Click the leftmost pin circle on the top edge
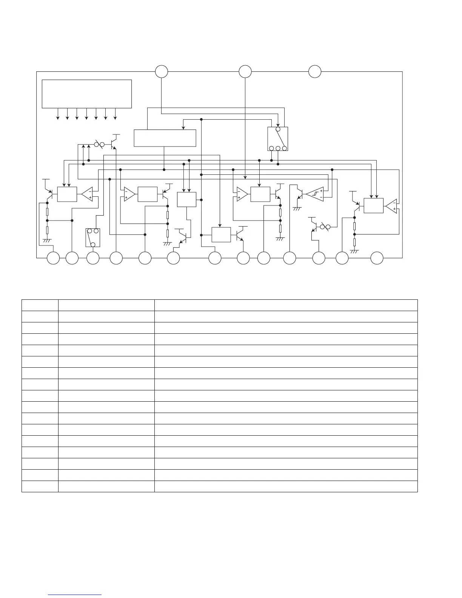point(162,71)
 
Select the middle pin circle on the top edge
point(245,71)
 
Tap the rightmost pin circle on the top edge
point(315,71)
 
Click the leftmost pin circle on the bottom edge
point(53,258)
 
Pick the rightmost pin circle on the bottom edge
point(377,258)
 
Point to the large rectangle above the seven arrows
point(86,94)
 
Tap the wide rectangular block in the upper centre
point(165,138)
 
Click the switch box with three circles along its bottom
point(278,139)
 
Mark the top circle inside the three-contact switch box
point(278,129)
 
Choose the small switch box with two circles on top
point(93,237)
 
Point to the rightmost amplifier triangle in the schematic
point(391,205)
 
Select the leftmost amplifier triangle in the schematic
point(87,194)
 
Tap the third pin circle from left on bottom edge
point(93,258)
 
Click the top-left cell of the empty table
point(40,305)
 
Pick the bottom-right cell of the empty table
point(286,486)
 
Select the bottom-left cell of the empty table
point(40,486)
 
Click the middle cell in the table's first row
point(106,305)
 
